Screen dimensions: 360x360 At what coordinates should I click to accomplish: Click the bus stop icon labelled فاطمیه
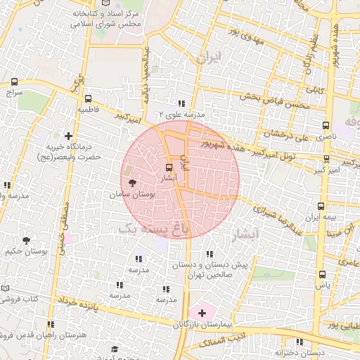coord(88,99)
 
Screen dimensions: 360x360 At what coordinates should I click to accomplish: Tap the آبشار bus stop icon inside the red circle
coord(167,167)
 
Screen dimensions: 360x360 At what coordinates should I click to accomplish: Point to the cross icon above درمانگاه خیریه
coord(68,135)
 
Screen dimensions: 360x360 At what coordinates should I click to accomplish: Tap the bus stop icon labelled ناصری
coord(325,125)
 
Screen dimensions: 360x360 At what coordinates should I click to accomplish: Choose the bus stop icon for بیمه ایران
coord(321,206)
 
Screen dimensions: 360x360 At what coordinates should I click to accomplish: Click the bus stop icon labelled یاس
coord(323,275)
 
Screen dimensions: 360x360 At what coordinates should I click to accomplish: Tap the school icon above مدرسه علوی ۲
coord(181,103)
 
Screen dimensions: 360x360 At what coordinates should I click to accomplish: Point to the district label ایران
coord(209,58)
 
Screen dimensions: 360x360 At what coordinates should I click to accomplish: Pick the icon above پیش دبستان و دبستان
coord(209,255)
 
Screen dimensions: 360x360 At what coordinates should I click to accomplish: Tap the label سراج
coord(14,92)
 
